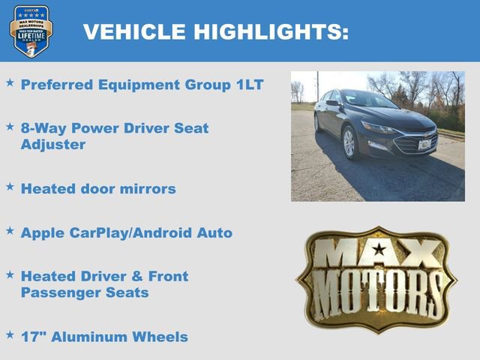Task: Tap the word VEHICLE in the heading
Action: pyautogui.click(x=135, y=31)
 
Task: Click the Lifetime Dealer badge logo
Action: pyautogui.click(x=31, y=31)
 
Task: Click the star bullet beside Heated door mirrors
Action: pyautogui.click(x=10, y=187)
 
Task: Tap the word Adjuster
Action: pyautogui.click(x=52, y=144)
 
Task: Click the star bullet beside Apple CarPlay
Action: pyautogui.click(x=10, y=231)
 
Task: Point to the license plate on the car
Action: pyautogui.click(x=426, y=144)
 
